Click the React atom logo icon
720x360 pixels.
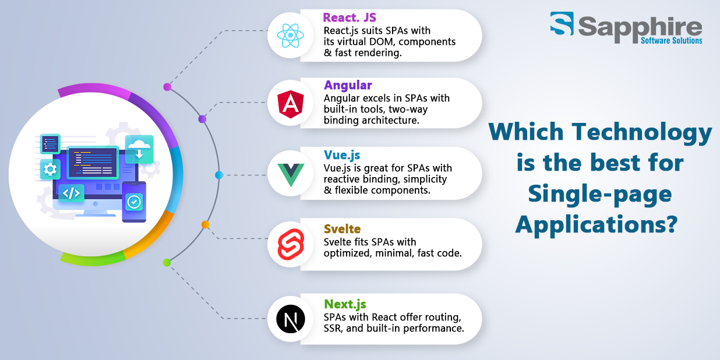click(x=290, y=36)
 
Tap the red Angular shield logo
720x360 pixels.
click(x=291, y=104)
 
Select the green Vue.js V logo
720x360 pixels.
click(x=291, y=175)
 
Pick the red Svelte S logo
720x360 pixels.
click(x=291, y=244)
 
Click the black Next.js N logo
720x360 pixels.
click(x=291, y=319)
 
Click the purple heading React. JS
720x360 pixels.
click(x=350, y=17)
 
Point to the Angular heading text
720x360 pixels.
click(x=348, y=85)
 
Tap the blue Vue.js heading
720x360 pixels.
click(x=342, y=155)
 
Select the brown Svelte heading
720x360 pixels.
click(x=342, y=229)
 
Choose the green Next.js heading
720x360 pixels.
click(x=345, y=304)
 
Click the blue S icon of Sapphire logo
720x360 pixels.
click(x=562, y=23)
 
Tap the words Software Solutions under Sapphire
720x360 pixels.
click(x=671, y=41)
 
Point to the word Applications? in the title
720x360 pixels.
click(x=597, y=225)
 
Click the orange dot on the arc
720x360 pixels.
click(x=206, y=225)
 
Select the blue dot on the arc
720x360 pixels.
click(x=219, y=175)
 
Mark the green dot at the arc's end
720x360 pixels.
click(x=167, y=263)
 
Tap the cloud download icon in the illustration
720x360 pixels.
click(x=139, y=149)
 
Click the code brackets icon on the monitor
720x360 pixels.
click(x=71, y=193)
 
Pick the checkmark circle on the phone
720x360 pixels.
click(x=134, y=202)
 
